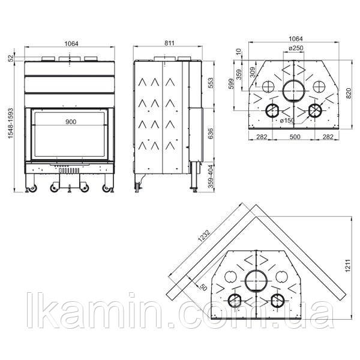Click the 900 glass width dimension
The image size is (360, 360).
click(x=71, y=122)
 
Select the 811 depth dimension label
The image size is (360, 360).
click(x=169, y=43)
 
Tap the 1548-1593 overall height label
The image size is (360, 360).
click(x=11, y=123)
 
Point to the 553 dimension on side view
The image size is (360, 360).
click(x=211, y=83)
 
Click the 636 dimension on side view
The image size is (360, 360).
click(x=211, y=133)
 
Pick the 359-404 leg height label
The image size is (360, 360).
click(x=211, y=176)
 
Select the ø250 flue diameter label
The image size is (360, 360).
click(x=296, y=48)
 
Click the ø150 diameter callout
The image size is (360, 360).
click(x=287, y=121)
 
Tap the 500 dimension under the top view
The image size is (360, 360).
click(x=295, y=137)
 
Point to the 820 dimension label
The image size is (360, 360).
click(x=349, y=93)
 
